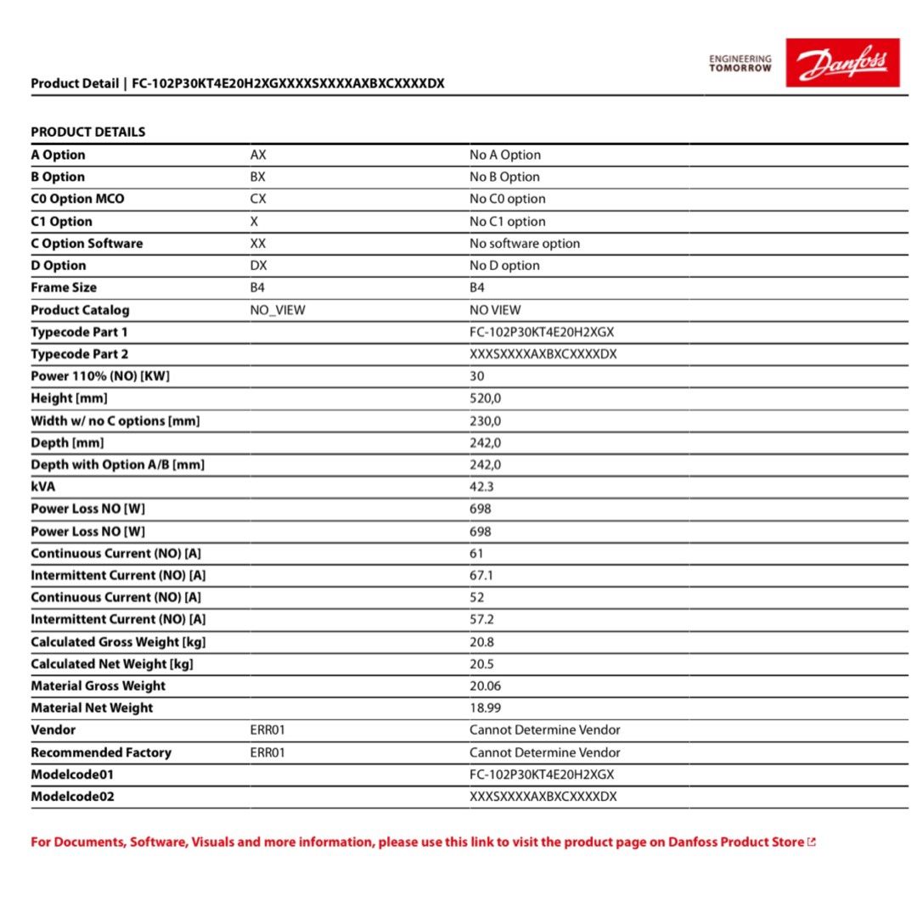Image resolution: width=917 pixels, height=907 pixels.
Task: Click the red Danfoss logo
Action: point(841,62)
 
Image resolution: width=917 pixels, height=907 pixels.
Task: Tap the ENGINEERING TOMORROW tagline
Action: point(740,64)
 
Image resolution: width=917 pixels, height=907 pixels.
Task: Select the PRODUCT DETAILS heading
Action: point(88,132)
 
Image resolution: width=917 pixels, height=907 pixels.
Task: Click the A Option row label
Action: point(58,155)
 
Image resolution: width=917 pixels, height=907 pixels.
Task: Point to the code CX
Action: point(258,199)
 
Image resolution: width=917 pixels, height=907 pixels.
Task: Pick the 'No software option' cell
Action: point(525,243)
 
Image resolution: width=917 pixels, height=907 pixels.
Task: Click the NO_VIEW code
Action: point(278,310)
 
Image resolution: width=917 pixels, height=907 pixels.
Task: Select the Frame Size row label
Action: point(64,288)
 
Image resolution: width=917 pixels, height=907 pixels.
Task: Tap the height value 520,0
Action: point(486,398)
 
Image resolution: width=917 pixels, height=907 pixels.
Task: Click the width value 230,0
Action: point(486,420)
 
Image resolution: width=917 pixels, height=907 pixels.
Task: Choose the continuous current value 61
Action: point(477,553)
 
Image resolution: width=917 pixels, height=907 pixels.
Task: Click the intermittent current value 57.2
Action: point(481,619)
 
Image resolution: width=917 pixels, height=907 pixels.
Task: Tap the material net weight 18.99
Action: point(485,707)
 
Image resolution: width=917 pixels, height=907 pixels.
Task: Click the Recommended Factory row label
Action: point(101,752)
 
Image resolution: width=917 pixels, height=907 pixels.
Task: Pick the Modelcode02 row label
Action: point(72,797)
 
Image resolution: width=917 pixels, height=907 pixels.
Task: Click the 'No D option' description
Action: point(504,265)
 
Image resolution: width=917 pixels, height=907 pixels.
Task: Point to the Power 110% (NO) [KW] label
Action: point(100,376)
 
